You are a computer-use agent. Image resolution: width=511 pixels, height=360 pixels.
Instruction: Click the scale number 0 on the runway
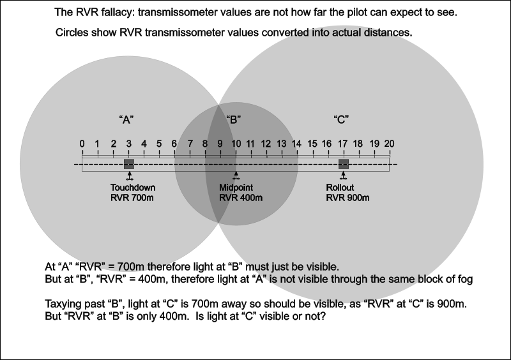pos(82,144)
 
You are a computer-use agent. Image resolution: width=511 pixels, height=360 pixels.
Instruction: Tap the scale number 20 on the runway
pos(388,144)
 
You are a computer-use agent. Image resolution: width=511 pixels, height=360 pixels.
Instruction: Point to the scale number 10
pos(235,144)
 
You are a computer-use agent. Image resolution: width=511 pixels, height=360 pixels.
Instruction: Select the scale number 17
pos(343,144)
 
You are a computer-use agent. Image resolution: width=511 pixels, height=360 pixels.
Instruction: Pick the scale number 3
pos(128,144)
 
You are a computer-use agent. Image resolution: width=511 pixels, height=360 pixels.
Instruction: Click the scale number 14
pos(296,144)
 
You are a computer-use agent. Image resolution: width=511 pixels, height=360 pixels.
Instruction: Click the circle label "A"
pos(126,119)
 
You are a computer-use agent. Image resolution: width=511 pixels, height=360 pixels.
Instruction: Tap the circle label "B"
pos(234,119)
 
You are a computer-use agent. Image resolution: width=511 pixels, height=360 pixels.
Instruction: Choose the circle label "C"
pos(341,119)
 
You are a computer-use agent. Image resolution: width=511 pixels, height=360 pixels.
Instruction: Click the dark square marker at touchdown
pos(128,164)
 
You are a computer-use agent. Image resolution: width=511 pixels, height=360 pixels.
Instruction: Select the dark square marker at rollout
pos(344,164)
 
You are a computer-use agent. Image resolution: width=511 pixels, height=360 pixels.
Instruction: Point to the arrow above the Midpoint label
pos(236,175)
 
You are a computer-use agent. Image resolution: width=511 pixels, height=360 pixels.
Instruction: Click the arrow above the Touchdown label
pos(129,175)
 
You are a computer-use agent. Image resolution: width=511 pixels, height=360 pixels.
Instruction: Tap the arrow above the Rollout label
pos(344,175)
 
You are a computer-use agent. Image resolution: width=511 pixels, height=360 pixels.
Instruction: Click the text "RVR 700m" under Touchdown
pos(132,198)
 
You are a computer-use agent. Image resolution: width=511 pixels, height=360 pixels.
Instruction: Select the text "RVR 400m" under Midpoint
pos(241,198)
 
